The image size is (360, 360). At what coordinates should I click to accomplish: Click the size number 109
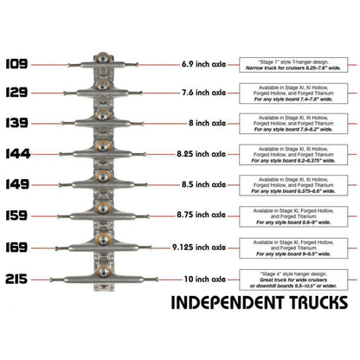[x=17, y=63]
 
